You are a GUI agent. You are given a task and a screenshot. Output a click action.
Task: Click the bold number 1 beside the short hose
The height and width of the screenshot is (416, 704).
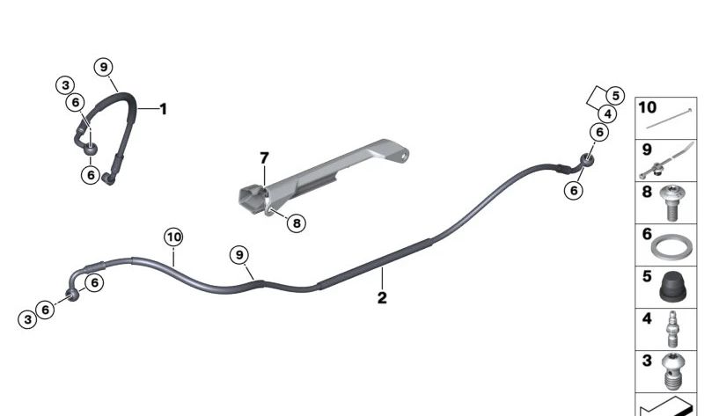click(x=163, y=109)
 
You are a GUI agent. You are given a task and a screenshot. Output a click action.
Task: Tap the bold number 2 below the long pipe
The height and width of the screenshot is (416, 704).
click(x=382, y=298)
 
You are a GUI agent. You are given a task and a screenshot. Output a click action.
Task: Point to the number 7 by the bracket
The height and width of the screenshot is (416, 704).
click(x=262, y=158)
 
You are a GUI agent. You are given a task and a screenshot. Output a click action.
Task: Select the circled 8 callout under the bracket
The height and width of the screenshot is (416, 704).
click(x=297, y=223)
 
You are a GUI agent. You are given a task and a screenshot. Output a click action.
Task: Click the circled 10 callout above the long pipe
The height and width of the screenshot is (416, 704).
click(x=173, y=237)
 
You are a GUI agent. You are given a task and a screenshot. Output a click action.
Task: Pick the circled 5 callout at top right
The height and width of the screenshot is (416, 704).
click(x=615, y=96)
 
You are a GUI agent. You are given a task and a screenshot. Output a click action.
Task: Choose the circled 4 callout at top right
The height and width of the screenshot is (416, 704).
click(x=608, y=113)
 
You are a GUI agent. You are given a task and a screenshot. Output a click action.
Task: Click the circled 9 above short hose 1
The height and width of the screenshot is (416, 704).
click(x=103, y=67)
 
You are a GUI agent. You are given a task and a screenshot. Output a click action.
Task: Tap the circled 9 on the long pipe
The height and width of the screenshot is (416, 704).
click(x=238, y=255)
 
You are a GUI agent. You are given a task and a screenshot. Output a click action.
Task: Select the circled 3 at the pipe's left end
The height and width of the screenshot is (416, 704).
click(x=27, y=319)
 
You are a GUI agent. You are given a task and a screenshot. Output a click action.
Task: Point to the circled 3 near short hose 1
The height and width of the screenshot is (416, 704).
click(x=64, y=85)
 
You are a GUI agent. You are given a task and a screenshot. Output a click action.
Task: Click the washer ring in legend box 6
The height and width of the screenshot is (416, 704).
click(x=670, y=247)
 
